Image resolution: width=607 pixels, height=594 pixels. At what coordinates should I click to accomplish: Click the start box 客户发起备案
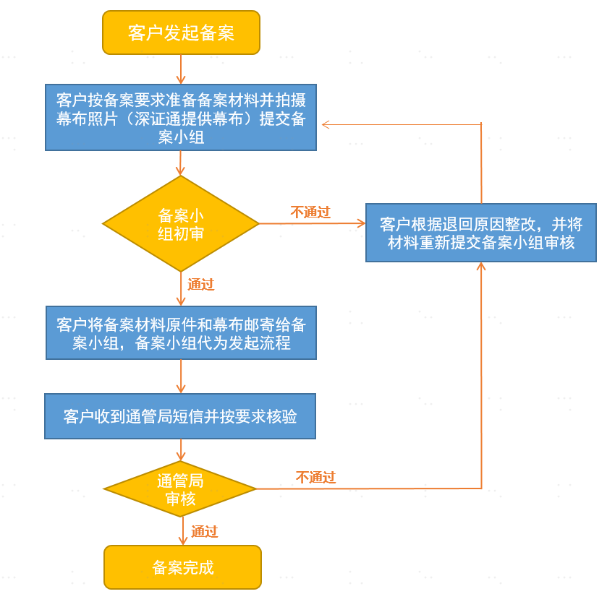coord(181,33)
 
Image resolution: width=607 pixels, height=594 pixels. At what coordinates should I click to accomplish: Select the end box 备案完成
coord(183,567)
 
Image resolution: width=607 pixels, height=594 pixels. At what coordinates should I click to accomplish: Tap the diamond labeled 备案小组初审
coord(181,223)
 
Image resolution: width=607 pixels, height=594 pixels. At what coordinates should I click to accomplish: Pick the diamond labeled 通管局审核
coord(180,488)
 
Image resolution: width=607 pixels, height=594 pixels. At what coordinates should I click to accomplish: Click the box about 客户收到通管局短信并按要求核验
coord(180,416)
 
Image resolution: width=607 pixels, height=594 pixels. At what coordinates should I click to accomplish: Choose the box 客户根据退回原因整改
coord(481,233)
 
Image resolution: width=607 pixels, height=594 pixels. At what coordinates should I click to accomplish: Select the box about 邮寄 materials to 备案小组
coord(181,332)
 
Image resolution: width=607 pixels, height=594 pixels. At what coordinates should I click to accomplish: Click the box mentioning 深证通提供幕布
coord(181,117)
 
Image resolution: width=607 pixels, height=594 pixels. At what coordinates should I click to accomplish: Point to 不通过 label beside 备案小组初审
coord(310,212)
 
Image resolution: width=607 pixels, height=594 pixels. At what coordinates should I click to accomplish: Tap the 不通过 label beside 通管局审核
coord(316,477)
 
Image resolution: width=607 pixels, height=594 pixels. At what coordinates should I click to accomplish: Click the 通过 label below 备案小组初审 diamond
coord(201,284)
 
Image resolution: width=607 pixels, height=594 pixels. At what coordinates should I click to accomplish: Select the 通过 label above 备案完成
coord(205,531)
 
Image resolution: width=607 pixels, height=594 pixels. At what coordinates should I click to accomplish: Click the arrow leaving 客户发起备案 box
coord(181,69)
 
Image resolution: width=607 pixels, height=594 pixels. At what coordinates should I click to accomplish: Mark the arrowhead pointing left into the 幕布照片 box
coord(326,124)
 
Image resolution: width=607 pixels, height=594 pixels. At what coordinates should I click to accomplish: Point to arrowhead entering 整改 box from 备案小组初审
coord(361,223)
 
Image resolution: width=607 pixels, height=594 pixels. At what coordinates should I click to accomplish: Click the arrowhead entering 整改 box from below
coord(481,266)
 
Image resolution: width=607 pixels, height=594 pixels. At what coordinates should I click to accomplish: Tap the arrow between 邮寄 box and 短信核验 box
coord(181,376)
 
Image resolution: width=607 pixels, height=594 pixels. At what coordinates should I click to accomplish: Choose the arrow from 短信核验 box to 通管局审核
coord(181,449)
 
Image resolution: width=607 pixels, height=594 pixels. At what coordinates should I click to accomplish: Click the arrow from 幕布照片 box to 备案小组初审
coord(180,163)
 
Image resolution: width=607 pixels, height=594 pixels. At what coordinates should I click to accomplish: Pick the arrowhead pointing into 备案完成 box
coord(183,541)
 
